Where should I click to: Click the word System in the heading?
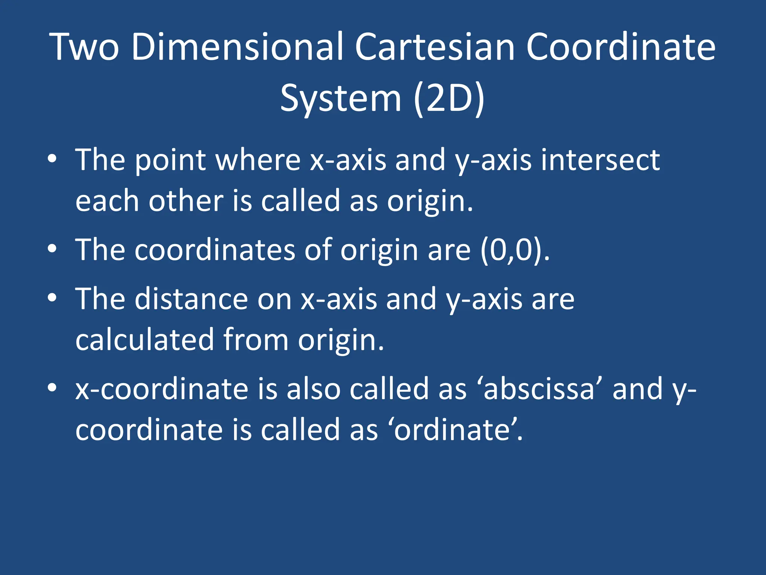coord(341,98)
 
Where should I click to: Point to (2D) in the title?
coord(449,98)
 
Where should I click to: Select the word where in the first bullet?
coord(258,160)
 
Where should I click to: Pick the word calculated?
coord(144,340)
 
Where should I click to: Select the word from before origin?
coord(256,340)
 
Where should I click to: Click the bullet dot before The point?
coord(52,159)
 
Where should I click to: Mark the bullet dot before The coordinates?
coord(52,249)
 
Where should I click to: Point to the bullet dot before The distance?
coord(52,298)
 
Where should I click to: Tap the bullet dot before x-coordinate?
coord(52,387)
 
